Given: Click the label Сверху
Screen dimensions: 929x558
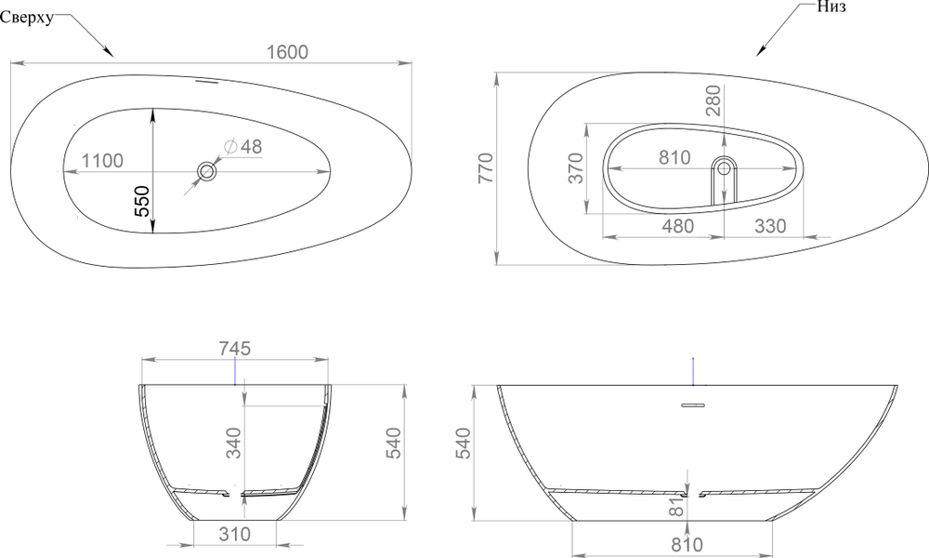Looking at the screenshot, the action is tap(27, 17).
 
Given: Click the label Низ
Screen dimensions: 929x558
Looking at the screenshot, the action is tap(831, 7).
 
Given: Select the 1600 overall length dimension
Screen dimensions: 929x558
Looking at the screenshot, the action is tap(287, 52).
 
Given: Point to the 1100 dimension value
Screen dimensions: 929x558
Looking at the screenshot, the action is tap(102, 161).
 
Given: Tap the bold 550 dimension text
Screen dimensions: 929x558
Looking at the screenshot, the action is tap(142, 201).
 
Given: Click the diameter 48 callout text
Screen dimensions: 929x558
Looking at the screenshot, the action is tap(243, 146).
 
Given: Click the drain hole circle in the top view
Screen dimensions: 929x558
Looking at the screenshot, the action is tap(207, 171).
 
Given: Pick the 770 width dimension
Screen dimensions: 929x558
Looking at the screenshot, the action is tap(486, 167).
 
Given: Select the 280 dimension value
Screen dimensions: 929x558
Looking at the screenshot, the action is tap(713, 100).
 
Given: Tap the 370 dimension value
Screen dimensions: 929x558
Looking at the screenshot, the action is tap(576, 167).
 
